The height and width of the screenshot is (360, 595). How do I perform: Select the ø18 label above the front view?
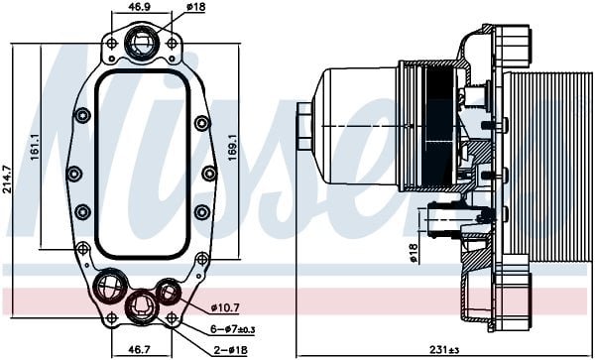coord(197,7)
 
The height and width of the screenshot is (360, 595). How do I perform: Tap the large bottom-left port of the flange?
coord(107,289)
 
